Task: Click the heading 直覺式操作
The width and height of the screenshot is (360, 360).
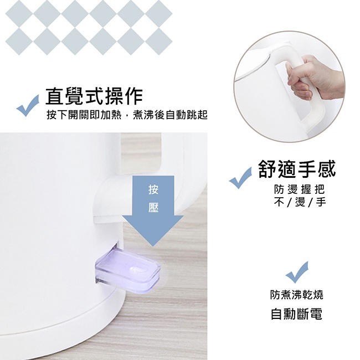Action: coord(94,96)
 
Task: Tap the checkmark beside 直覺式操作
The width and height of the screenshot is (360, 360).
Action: coord(28,106)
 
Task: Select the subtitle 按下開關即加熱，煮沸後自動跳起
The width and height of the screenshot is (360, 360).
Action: coord(127,115)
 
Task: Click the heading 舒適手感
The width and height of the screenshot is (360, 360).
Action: coord(297,169)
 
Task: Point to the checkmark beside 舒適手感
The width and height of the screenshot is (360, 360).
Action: coord(240,178)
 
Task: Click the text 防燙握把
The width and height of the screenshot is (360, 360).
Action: coord(300,189)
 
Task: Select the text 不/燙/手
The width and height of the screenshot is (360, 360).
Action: coord(300,202)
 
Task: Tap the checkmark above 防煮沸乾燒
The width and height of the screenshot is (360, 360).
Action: coord(297,272)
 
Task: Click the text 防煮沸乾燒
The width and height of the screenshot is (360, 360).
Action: coord(297,295)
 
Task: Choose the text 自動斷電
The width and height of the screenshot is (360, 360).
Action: coord(297,314)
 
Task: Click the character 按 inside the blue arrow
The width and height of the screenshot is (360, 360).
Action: coord(153,190)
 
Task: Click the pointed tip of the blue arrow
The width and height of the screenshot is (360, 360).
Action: coord(153,246)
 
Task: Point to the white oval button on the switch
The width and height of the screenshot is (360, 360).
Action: coord(138,270)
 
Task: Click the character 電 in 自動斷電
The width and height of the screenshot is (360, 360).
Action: coord(316,314)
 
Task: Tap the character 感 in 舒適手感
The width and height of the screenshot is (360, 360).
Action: coord(327,169)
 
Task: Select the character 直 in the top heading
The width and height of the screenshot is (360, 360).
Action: coord(54,96)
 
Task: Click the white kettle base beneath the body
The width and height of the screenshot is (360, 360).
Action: coord(62,321)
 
